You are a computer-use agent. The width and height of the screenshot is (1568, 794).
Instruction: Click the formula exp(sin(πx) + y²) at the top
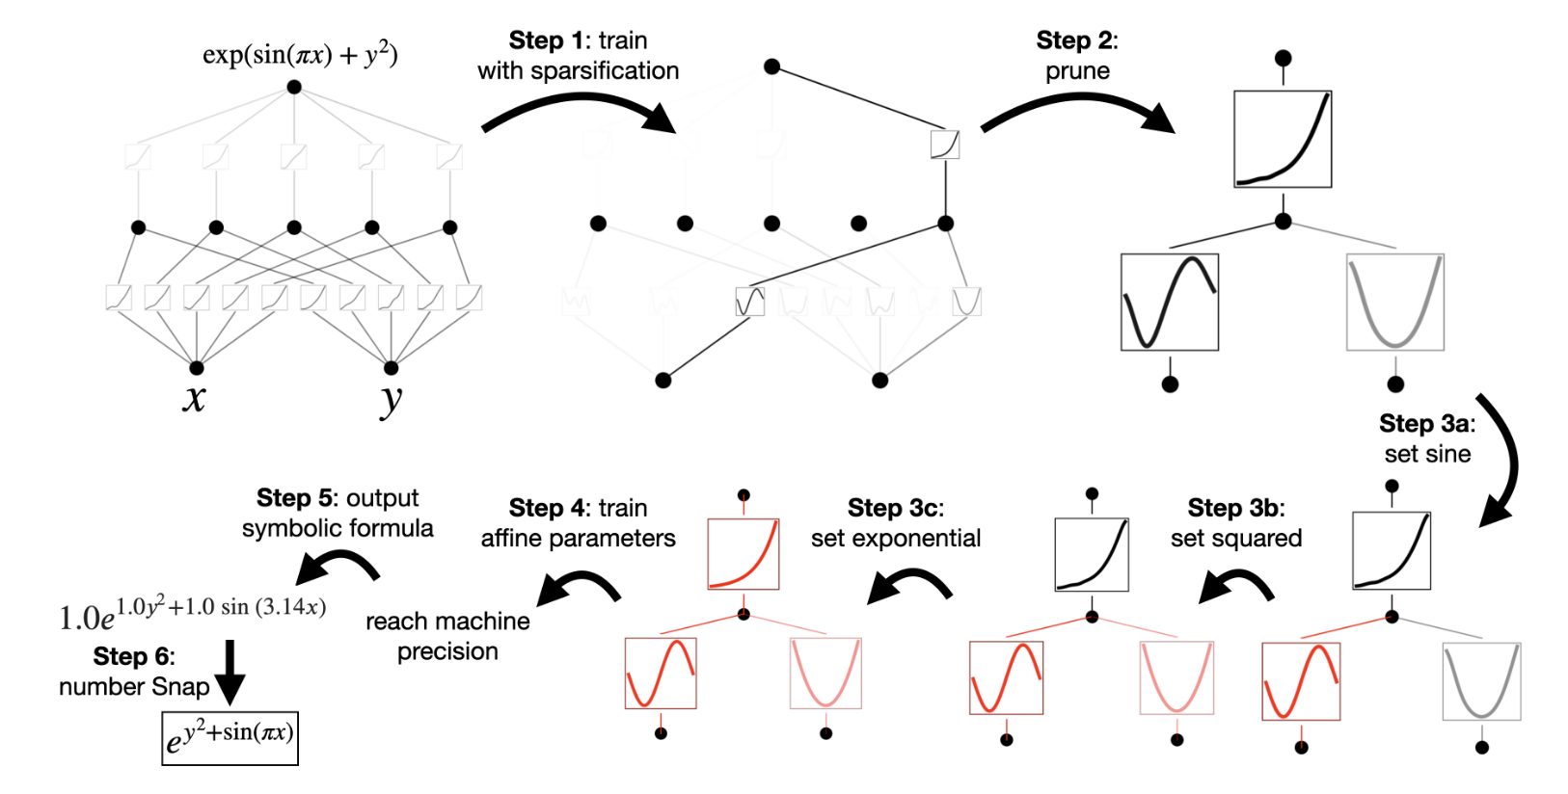(x=300, y=55)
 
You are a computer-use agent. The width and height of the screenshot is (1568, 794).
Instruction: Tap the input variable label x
(x=194, y=397)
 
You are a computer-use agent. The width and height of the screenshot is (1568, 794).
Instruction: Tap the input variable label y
(x=391, y=399)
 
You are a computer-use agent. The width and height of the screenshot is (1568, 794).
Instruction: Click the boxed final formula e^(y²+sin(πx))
(x=230, y=738)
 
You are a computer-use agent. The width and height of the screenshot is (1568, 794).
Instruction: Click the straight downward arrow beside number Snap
(x=230, y=672)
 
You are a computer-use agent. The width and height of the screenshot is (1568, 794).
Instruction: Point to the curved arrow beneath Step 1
(x=579, y=111)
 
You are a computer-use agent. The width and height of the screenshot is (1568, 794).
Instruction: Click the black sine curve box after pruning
(x=1169, y=303)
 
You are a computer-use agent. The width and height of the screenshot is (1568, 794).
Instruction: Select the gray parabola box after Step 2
(x=1394, y=303)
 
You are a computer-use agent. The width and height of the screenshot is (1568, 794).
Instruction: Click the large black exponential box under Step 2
(x=1283, y=140)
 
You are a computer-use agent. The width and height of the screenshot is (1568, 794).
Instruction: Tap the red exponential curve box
(x=743, y=554)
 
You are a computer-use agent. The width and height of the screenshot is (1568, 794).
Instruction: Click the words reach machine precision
(x=447, y=636)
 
